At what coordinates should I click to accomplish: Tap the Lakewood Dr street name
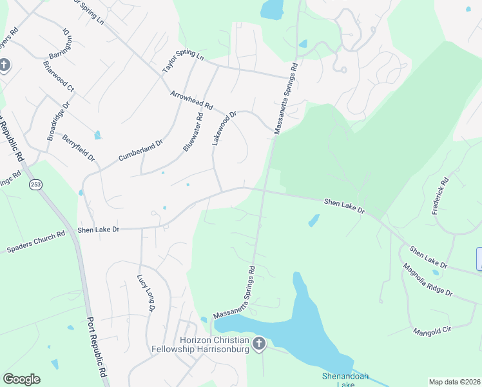pyautogui.click(x=225, y=128)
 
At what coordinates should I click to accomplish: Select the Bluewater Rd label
pyautogui.click(x=193, y=132)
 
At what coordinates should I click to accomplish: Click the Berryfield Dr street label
pyautogui.click(x=79, y=148)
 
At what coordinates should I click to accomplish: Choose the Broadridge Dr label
pyautogui.click(x=58, y=122)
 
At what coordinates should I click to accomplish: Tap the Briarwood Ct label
pyautogui.click(x=59, y=75)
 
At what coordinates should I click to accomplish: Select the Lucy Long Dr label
pyautogui.click(x=146, y=293)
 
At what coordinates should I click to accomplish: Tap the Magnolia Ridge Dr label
pyautogui.click(x=427, y=279)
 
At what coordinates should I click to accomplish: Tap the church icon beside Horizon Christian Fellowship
pyautogui.click(x=259, y=344)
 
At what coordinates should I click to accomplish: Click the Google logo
pyautogui.click(x=21, y=379)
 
